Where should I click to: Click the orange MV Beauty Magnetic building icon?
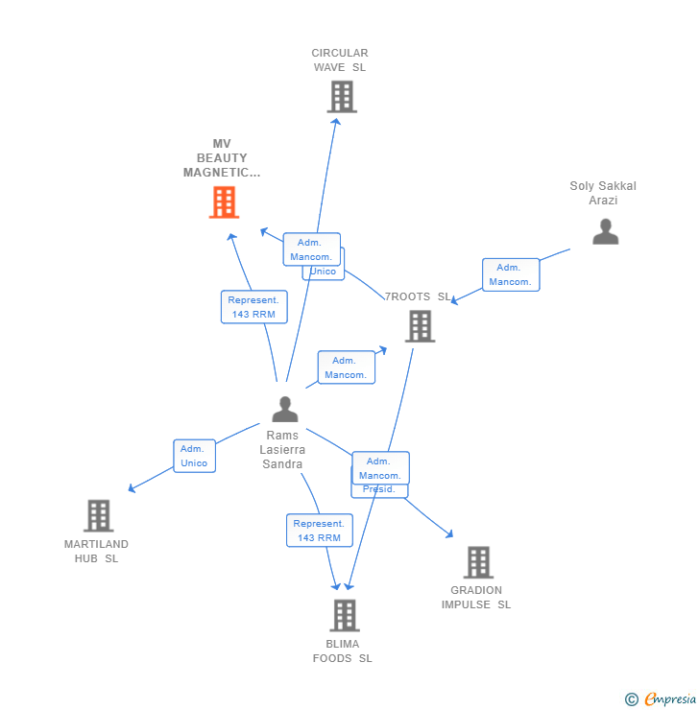224,202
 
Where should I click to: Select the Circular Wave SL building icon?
342,97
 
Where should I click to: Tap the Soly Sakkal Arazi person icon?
605,231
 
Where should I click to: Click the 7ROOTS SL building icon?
420,326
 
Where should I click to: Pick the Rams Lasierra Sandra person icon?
284,410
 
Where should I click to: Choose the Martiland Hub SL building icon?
98,515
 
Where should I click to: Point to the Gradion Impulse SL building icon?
477,562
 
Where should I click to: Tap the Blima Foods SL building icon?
344,615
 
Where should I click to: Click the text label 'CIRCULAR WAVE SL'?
340,60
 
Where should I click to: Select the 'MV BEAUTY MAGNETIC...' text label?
223,158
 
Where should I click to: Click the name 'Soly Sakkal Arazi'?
603,193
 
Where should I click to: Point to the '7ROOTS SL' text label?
419,296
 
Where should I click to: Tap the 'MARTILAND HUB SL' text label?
96,551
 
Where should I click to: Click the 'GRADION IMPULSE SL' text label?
476,597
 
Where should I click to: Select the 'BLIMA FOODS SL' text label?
342,651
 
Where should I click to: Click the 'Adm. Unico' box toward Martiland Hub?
194,456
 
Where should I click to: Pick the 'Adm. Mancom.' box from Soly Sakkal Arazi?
510,274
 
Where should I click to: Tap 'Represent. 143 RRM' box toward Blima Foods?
319,531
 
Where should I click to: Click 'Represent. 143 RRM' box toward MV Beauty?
253,307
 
